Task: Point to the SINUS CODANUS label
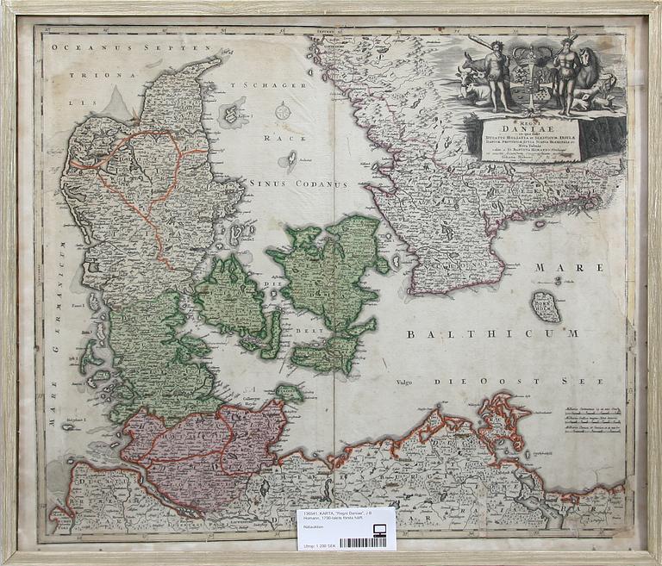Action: [297, 183]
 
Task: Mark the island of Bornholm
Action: [546, 306]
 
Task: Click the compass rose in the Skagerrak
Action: [283, 110]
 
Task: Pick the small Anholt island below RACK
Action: [291, 159]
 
